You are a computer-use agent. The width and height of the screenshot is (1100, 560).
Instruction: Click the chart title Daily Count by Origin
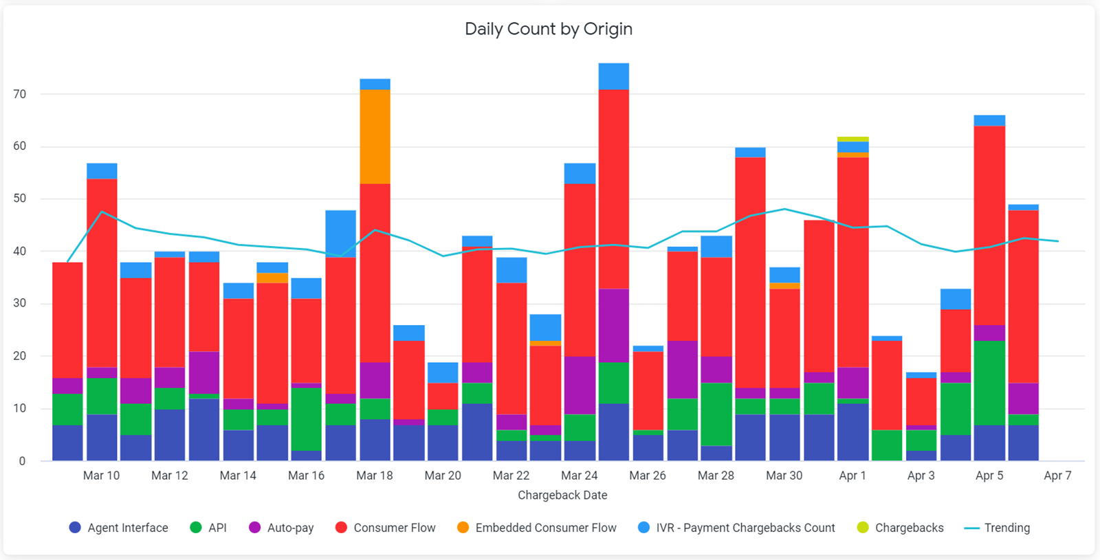(548, 29)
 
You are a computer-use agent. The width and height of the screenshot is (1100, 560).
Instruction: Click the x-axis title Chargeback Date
(562, 495)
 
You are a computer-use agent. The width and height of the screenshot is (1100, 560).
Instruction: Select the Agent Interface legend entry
(119, 528)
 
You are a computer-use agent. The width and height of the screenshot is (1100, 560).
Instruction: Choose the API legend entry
(208, 528)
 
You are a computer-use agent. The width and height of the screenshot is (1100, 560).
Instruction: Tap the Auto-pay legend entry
(281, 528)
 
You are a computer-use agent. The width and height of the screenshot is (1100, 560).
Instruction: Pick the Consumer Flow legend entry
(386, 528)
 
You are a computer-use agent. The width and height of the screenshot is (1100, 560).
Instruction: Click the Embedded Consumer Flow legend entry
(537, 528)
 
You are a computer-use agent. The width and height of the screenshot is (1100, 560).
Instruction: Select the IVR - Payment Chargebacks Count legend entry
(736, 528)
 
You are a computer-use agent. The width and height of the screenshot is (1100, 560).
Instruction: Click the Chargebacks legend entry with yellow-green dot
(901, 528)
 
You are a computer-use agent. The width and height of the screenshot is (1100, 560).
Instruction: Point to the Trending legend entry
(998, 528)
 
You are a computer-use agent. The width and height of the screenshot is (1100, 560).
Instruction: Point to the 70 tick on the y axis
(19, 94)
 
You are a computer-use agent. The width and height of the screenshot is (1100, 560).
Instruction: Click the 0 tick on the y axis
(22, 461)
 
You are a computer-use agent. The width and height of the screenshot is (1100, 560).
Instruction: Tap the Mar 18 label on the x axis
(375, 475)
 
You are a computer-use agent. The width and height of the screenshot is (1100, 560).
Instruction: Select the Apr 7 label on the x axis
(1057, 475)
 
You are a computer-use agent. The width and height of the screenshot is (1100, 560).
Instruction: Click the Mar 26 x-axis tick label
(648, 475)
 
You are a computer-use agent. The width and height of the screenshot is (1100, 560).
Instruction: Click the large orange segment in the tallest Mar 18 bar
(375, 137)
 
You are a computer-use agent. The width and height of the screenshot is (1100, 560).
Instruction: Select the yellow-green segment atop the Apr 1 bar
(853, 139)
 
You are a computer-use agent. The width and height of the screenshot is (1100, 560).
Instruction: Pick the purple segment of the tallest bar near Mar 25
(614, 325)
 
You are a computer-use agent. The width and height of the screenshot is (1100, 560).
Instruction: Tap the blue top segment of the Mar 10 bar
(102, 171)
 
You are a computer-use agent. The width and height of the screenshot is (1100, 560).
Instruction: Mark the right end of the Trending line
(1058, 241)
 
